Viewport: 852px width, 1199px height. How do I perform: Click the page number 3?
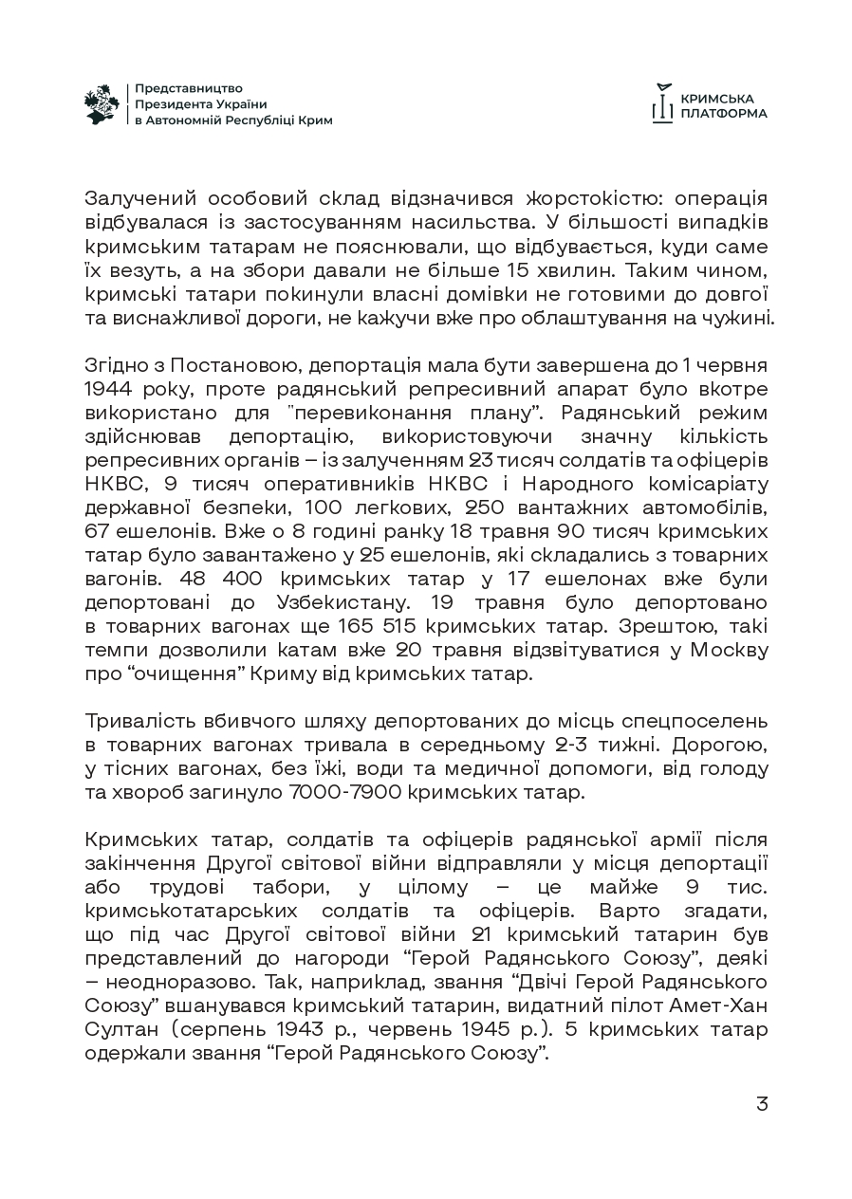(761, 1104)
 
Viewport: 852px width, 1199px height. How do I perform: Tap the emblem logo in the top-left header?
(102, 103)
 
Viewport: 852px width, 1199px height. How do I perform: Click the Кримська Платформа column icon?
(662, 103)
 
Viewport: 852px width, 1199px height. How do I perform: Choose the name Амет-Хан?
(719, 1005)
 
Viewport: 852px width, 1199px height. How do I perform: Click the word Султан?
(117, 1029)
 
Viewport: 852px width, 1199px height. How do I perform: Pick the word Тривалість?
(140, 721)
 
